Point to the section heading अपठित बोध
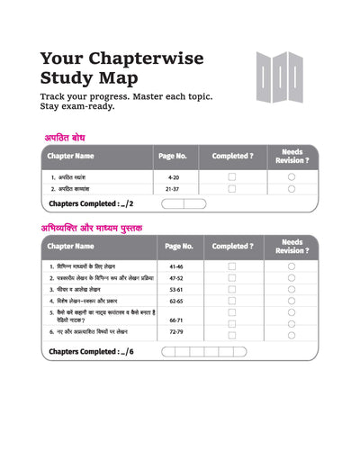[x=71, y=138]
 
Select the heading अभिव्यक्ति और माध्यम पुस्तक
[x=92, y=228]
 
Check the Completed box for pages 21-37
[x=232, y=189]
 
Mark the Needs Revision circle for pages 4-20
[x=291, y=177]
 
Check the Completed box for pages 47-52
[x=232, y=279]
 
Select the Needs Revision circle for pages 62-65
[x=291, y=302]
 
